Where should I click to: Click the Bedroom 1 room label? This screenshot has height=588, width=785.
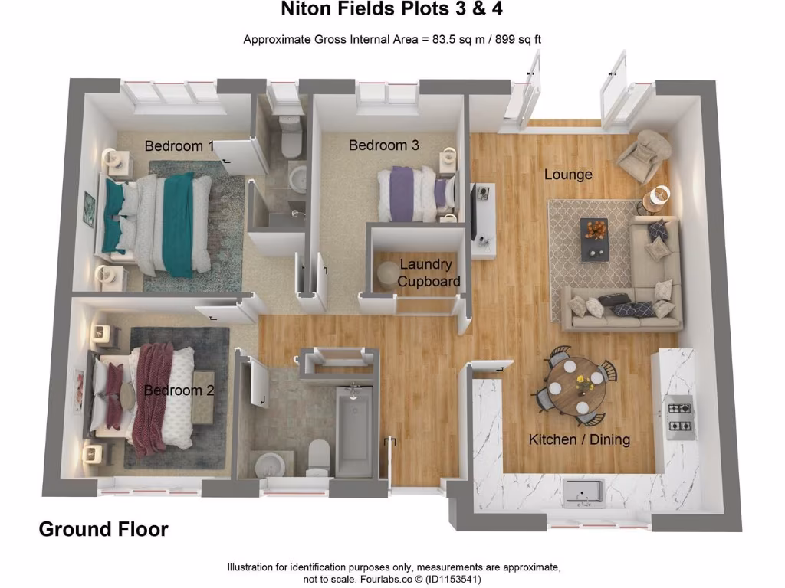point(179,145)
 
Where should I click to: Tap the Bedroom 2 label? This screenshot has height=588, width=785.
point(179,390)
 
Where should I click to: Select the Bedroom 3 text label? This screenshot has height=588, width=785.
point(384,145)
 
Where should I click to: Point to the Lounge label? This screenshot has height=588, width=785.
point(568,175)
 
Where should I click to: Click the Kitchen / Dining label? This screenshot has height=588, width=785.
point(580,439)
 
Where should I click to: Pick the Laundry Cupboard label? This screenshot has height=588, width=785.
point(427,273)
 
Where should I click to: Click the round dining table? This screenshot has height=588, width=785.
point(576,387)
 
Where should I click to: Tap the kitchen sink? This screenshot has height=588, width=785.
point(583,492)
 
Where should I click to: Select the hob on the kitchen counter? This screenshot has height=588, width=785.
point(679,417)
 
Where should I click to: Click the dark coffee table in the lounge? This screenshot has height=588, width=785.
point(594,238)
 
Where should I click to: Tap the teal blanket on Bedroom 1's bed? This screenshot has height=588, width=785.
point(178,222)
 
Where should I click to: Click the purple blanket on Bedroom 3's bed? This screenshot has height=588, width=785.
point(402,193)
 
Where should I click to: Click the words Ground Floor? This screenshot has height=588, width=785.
point(103,529)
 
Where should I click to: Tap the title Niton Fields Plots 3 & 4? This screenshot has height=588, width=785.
point(392,10)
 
